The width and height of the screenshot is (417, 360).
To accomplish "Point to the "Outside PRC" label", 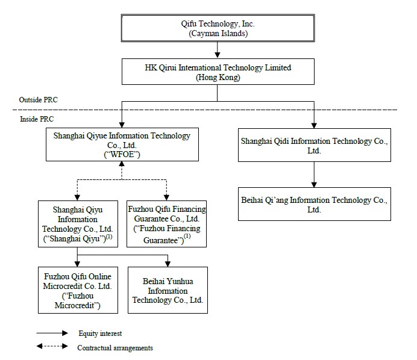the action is [x=38, y=100].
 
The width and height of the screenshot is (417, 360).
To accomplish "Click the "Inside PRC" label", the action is [x=37, y=119].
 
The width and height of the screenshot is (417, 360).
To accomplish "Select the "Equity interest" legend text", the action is [x=100, y=334].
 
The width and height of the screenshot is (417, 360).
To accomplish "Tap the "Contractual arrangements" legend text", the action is [x=115, y=348].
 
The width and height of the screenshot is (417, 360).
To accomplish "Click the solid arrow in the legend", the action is [x=52, y=333].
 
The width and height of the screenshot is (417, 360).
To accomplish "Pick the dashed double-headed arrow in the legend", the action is [x=52, y=346].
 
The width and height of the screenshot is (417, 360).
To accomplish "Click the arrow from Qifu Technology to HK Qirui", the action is [x=218, y=50].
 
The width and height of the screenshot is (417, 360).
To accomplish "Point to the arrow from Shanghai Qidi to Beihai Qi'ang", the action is [x=314, y=175].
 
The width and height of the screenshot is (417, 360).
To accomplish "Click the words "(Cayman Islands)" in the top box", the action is [x=218, y=34].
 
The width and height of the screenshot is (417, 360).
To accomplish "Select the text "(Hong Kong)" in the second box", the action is [x=218, y=78].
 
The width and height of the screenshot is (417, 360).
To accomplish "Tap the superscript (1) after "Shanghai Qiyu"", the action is [x=109, y=237].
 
